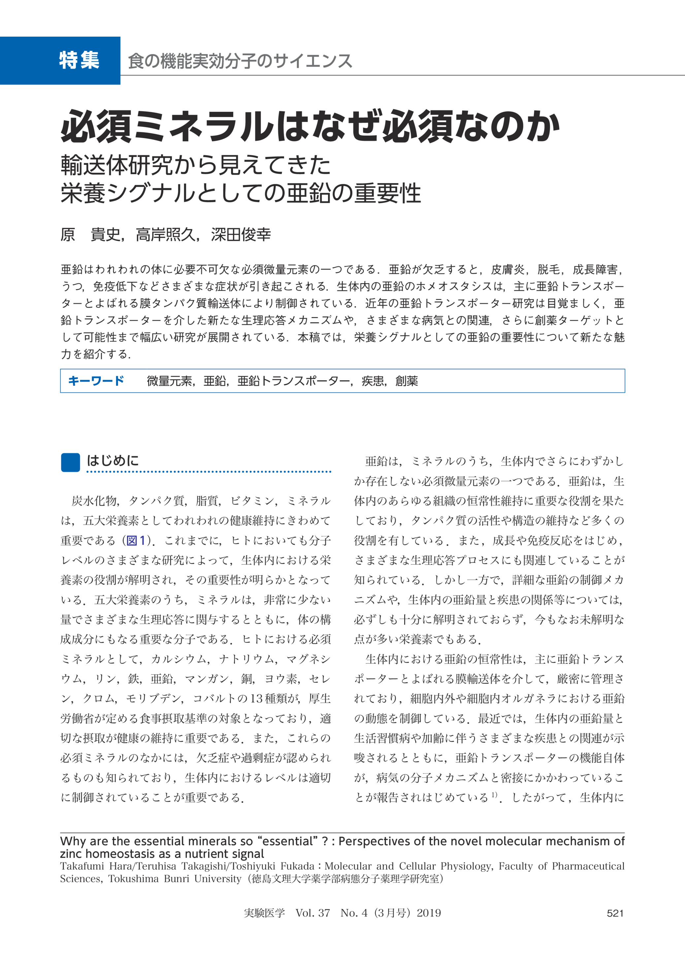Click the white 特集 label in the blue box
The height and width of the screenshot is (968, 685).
click(x=79, y=60)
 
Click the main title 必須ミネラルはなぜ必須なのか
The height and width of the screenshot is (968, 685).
click(x=310, y=126)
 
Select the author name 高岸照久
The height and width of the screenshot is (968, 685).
click(x=165, y=235)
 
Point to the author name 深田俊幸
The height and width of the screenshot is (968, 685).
click(x=241, y=235)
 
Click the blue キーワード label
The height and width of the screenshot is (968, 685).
click(x=96, y=381)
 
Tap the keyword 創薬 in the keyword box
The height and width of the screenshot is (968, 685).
click(x=407, y=381)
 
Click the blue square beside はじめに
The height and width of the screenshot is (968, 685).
click(x=70, y=462)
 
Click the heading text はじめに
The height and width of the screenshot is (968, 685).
click(x=113, y=461)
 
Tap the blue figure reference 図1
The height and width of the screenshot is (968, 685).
click(x=136, y=541)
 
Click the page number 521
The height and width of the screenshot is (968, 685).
click(x=615, y=913)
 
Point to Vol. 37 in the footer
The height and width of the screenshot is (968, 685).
click(x=312, y=913)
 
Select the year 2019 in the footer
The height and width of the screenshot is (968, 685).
click(x=429, y=913)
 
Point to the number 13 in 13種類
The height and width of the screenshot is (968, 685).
click(x=256, y=699)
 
